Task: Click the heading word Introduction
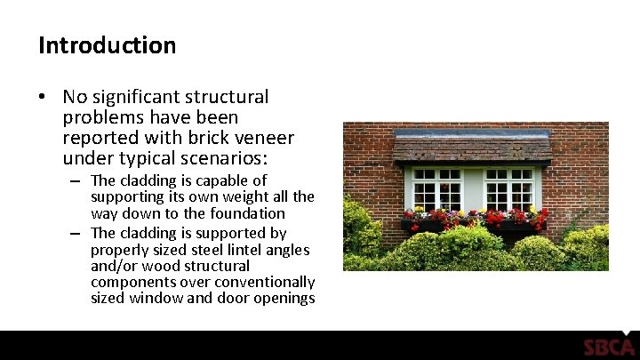tap(107, 44)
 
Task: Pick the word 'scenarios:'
tap(228, 159)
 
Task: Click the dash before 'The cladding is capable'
tap(77, 180)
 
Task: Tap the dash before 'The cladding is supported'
tap(77, 233)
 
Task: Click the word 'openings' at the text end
tap(286, 299)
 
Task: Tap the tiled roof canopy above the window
tap(472, 147)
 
